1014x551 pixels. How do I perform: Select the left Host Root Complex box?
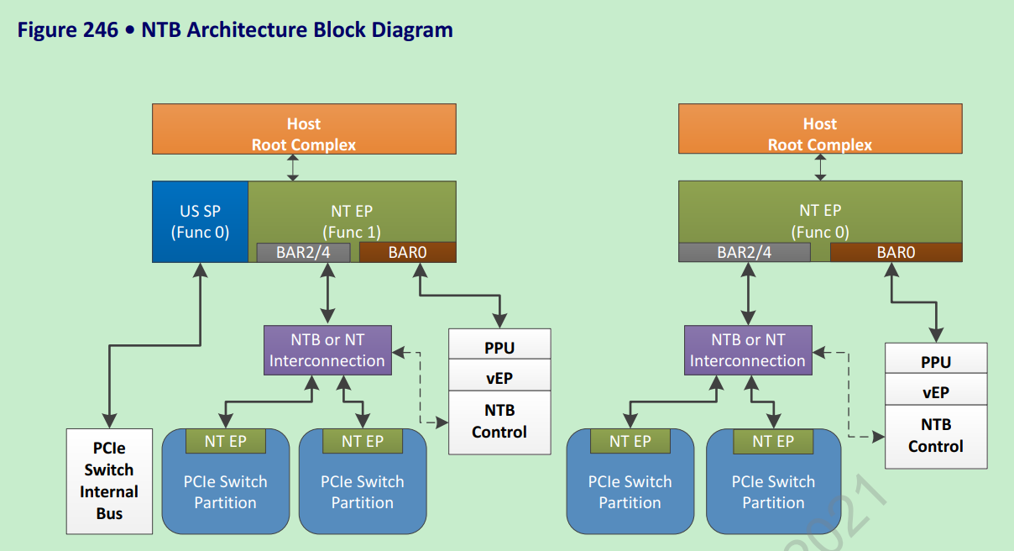(x=304, y=129)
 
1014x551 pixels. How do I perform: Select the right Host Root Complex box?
(x=819, y=129)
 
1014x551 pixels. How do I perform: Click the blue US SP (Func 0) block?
(x=201, y=222)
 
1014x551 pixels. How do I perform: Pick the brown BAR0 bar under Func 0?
(x=896, y=252)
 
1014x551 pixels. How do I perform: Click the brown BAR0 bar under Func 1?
(x=407, y=252)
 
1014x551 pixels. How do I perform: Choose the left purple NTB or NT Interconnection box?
(x=327, y=350)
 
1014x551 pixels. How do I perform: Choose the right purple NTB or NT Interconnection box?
(x=747, y=350)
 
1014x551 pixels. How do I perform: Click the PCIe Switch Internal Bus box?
(x=109, y=481)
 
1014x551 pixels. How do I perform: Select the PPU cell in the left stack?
(x=499, y=347)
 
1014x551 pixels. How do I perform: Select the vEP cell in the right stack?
(x=935, y=392)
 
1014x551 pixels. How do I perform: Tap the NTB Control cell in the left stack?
(x=499, y=422)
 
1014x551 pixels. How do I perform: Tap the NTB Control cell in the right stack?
(x=935, y=436)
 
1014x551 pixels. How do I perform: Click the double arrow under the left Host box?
(x=292, y=167)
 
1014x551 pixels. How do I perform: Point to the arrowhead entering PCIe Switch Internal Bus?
(x=108, y=421)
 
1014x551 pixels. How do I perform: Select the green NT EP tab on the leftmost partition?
(x=225, y=441)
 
